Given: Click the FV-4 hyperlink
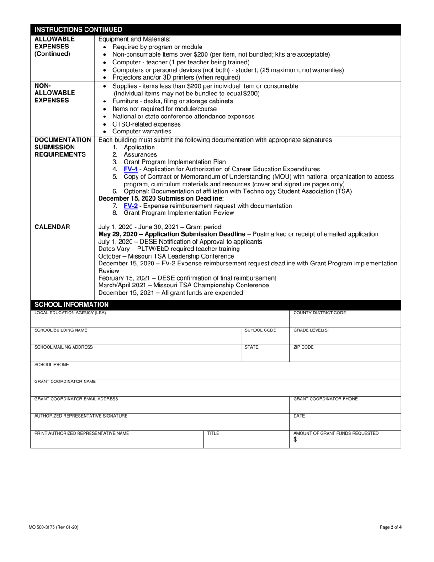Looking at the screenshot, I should pos(131,169).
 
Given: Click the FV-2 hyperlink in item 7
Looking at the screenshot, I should pos(131,206).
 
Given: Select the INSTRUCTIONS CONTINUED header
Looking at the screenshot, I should pos(79,30).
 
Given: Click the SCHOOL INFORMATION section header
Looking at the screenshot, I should pos(72,304).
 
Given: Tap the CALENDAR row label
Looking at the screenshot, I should pos(53,227).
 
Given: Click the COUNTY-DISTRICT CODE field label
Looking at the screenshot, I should pos(319,313).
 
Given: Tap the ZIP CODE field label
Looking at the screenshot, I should pos(303,347).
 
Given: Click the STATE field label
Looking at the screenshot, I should pos(251,347).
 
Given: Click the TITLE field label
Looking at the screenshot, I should pos(213,433).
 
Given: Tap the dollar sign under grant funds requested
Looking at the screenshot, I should pos(295,440).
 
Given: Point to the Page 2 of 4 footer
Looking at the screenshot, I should pos(391,527).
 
